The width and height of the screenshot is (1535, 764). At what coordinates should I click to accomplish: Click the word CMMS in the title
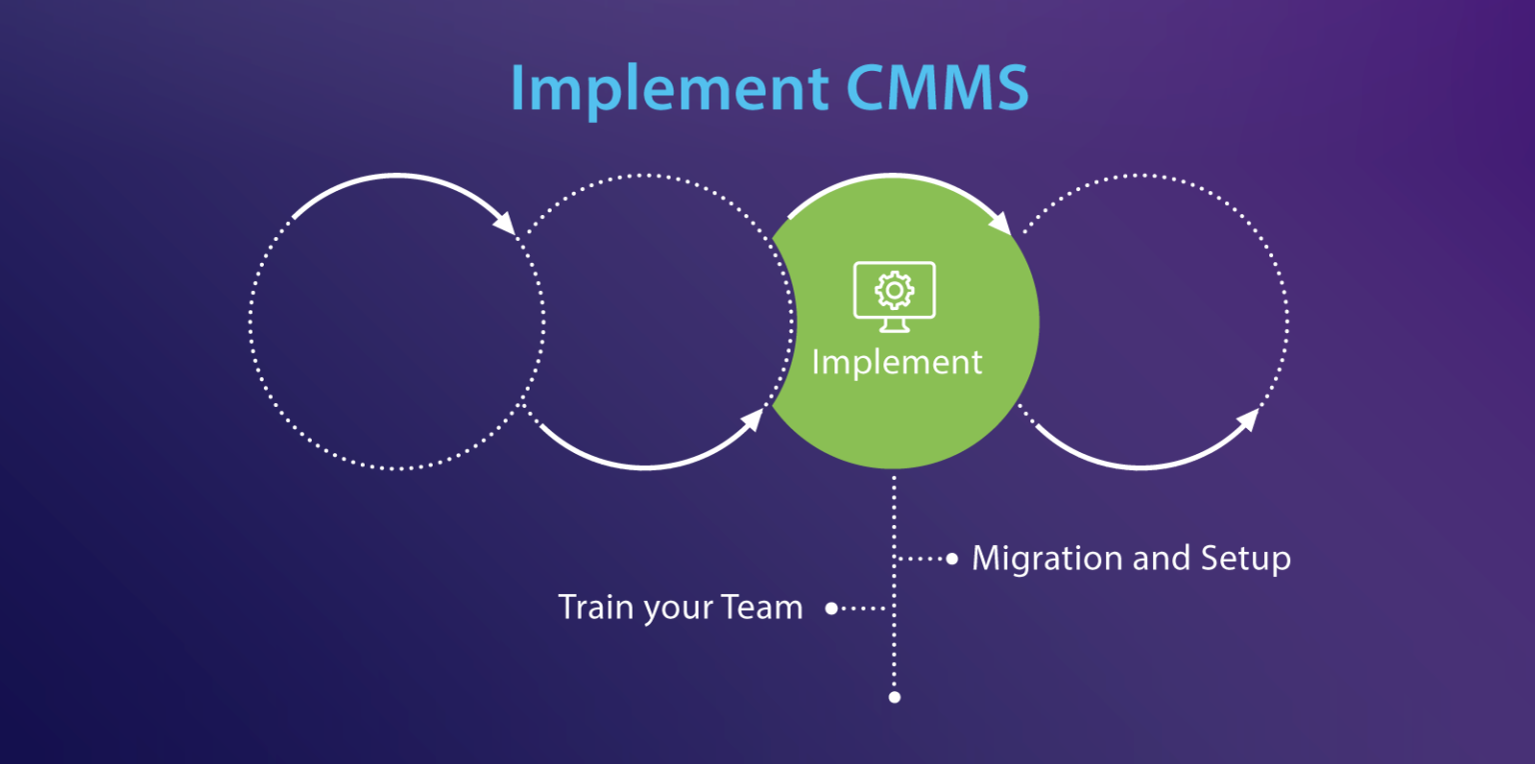point(937,88)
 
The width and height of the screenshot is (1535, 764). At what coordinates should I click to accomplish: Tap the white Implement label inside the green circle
point(896,362)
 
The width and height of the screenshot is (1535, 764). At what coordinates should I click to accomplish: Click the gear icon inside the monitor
point(894,290)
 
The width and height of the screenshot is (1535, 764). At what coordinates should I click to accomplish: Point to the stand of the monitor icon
point(894,325)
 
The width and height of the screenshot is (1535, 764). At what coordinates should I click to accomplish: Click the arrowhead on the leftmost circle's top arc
point(505,223)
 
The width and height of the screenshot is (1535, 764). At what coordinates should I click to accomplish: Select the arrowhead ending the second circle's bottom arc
point(752,420)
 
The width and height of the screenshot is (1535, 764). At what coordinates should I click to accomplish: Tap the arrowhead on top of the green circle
point(1001,223)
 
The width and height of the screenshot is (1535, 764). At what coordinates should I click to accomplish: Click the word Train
point(591,607)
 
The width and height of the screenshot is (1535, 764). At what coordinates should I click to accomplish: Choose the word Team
point(764,607)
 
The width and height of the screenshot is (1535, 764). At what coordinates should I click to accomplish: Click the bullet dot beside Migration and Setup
point(951,558)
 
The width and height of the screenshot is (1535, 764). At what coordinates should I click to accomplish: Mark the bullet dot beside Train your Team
point(831,607)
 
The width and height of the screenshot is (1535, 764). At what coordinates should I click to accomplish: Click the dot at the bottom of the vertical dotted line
point(894,697)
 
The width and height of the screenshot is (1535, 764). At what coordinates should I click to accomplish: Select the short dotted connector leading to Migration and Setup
point(921,558)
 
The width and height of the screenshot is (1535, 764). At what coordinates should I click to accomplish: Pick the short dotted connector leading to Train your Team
point(863,607)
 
